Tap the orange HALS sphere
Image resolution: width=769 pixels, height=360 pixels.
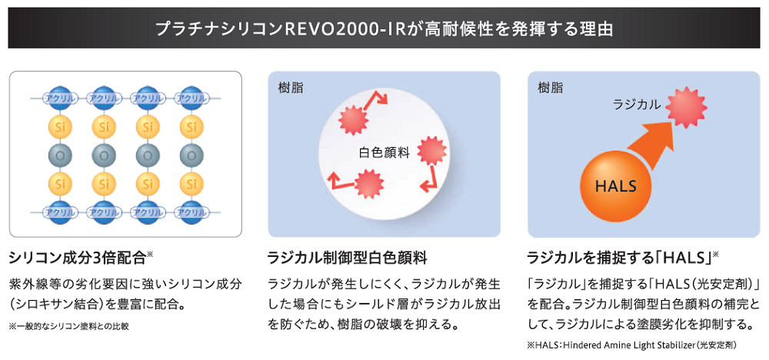[616, 185]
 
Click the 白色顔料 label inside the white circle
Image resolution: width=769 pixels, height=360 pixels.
[385, 152]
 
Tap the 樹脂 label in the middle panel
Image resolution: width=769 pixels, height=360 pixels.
[291, 88]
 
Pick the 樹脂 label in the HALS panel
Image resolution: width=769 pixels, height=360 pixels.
[551, 88]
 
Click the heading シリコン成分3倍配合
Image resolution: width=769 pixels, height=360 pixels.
[82, 255]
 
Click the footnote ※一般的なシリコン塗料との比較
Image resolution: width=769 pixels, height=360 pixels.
[69, 326]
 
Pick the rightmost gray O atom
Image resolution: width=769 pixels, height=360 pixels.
[191, 155]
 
